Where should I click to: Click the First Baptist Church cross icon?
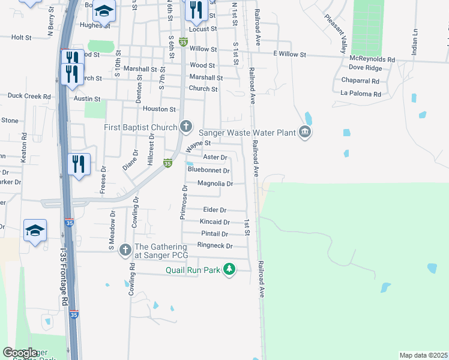coord(186,127)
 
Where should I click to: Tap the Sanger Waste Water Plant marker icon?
coord(305,132)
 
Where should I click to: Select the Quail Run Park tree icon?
coord(229,269)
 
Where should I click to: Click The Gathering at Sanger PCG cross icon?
coord(125,250)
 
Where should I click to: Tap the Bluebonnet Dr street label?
coord(209,170)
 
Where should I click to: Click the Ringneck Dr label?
coord(215,246)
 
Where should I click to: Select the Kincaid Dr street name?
coord(215,222)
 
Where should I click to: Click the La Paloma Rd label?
coord(361,94)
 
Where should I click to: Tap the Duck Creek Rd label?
coord(29,95)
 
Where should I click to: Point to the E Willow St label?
coord(289,55)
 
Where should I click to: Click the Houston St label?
coord(159,109)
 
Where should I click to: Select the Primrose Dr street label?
coord(185,202)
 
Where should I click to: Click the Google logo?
coord(20,353)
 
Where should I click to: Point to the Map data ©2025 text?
coord(423,355)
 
